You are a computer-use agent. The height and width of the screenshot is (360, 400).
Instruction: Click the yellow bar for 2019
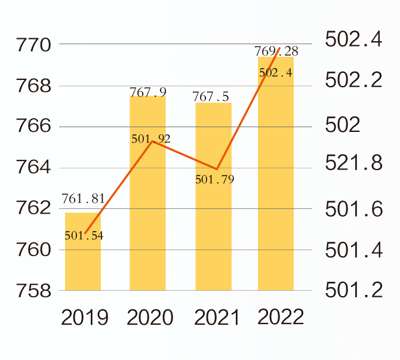pos(83,263)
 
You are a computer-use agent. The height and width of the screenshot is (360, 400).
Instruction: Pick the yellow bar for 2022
pos(276,179)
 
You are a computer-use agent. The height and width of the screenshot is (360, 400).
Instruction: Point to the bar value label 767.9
pos(148,92)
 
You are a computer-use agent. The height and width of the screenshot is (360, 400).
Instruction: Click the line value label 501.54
pos(84,235)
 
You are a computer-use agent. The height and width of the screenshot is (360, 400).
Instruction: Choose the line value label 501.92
pos(150,139)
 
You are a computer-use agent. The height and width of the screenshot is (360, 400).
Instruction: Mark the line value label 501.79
pos(215,179)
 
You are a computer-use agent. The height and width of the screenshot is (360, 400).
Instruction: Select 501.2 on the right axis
pos(353,291)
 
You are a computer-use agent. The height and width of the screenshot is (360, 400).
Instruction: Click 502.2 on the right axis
pos(353,81)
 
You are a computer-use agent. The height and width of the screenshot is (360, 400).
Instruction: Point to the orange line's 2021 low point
pos(217,169)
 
